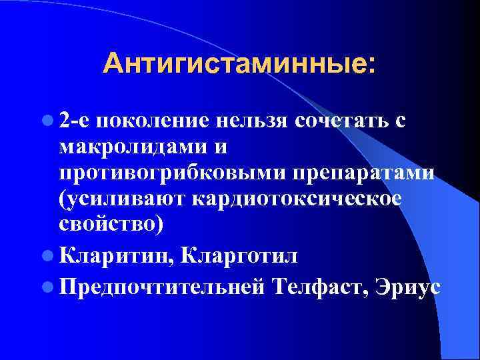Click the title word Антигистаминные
pos(233,65)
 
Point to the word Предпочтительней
pos(163,285)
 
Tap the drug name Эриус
pos(404,285)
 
